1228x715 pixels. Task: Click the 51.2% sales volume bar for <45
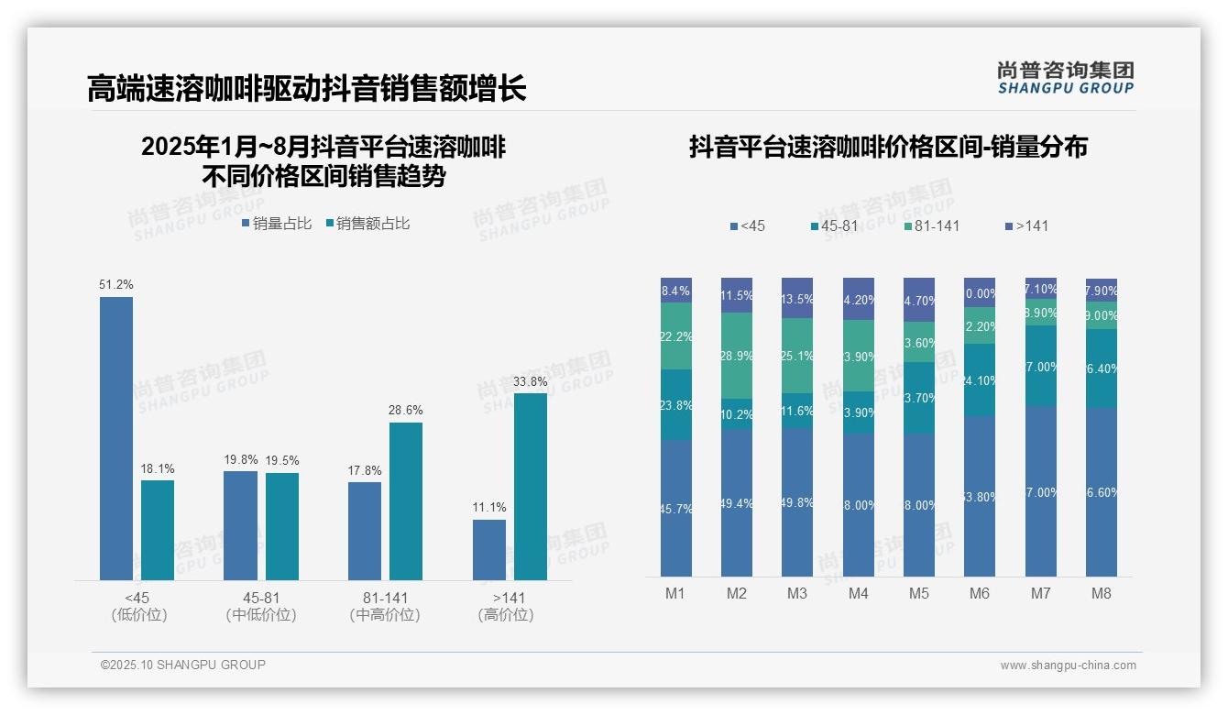pos(116,438)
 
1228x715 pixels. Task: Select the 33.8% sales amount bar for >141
pos(531,486)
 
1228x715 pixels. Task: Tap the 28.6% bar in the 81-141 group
pos(406,500)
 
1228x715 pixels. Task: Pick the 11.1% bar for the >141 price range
pos(489,549)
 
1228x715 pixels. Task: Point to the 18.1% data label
pos(158,468)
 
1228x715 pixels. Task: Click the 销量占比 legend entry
pos(277,223)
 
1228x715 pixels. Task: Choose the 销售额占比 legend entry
pos(367,223)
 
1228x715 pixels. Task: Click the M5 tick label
pos(919,593)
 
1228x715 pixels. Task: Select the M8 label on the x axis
pos(1102,593)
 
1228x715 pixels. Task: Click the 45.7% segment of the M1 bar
pos(676,508)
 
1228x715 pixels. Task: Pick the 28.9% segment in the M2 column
pos(737,355)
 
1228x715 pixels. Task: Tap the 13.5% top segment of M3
pos(797,298)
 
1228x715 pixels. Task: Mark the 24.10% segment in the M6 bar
pos(980,379)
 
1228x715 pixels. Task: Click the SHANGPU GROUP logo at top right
pos(1065,77)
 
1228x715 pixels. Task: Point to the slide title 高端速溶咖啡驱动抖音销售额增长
pos(306,89)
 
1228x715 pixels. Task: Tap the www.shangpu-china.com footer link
pos(1068,665)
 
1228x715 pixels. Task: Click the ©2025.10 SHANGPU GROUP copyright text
pos(183,665)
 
